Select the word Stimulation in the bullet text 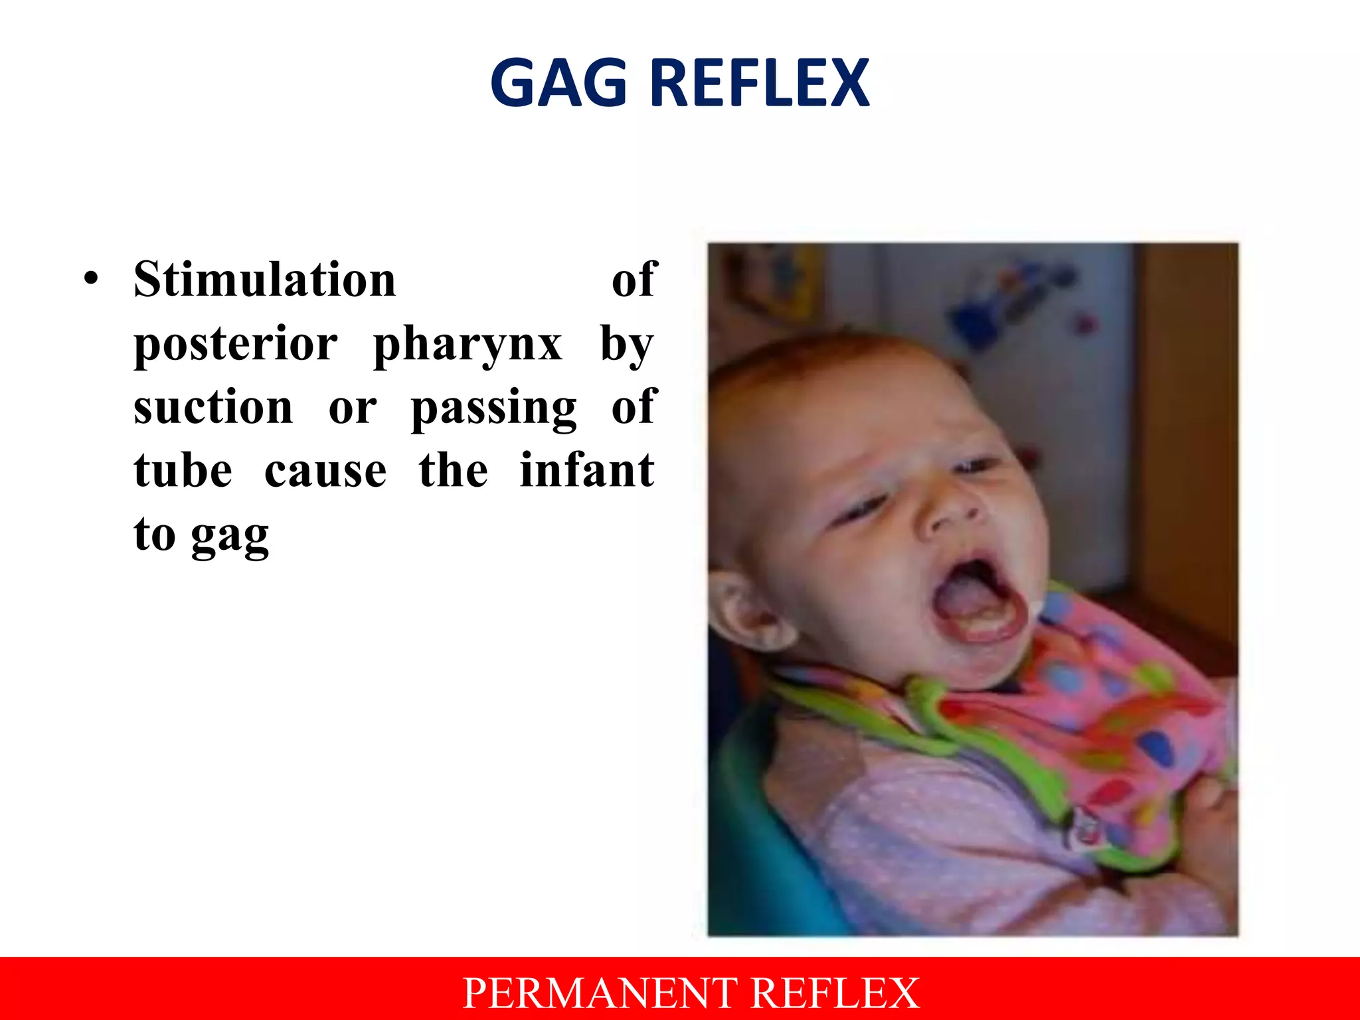(264, 280)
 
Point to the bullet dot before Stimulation (91, 279)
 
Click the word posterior (236, 345)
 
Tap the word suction (213, 407)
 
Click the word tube (183, 470)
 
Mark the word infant (587, 470)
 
